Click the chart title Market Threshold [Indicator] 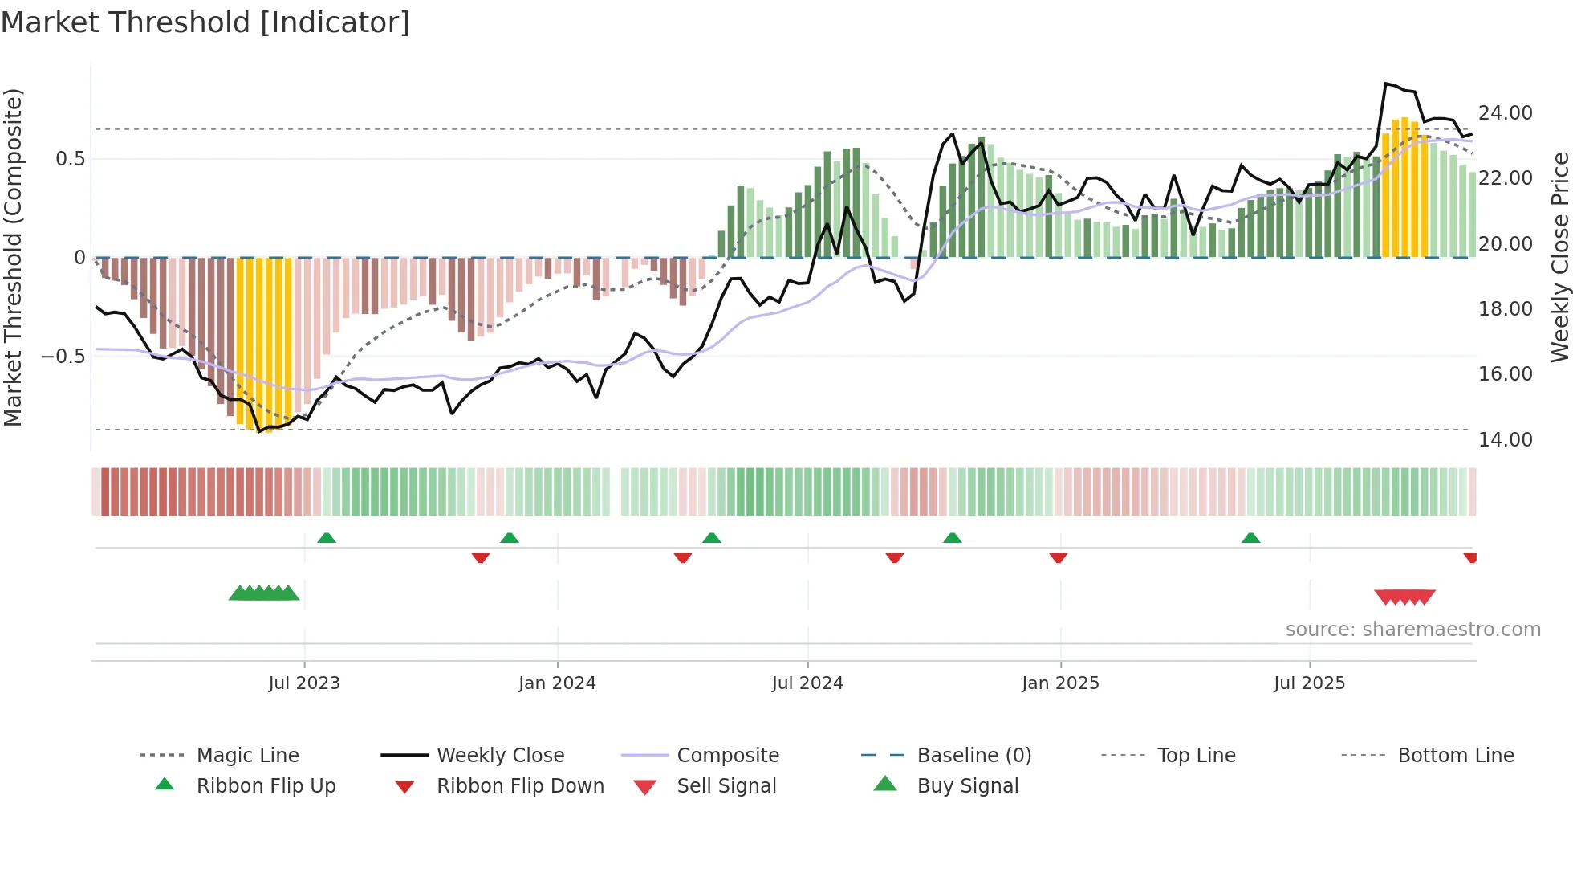coord(205,22)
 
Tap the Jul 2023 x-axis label coord(304,683)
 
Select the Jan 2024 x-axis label coord(557,683)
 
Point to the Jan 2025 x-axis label coord(1060,683)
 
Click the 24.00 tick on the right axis coord(1505,113)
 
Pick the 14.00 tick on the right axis coord(1505,440)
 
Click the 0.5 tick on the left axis coord(71,159)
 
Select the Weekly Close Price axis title coord(1559,257)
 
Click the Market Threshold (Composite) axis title coord(13,257)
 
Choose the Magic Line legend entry coord(247,756)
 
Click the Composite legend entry coord(727,756)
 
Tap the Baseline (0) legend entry coord(973,756)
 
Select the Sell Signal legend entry coord(726,786)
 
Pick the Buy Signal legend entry coord(967,786)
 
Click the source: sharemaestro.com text coord(1412,630)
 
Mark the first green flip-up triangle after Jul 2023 coord(327,538)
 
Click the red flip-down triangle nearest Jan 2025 coord(1058,557)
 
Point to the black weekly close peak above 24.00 coord(1387,84)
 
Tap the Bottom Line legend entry coord(1455,756)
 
